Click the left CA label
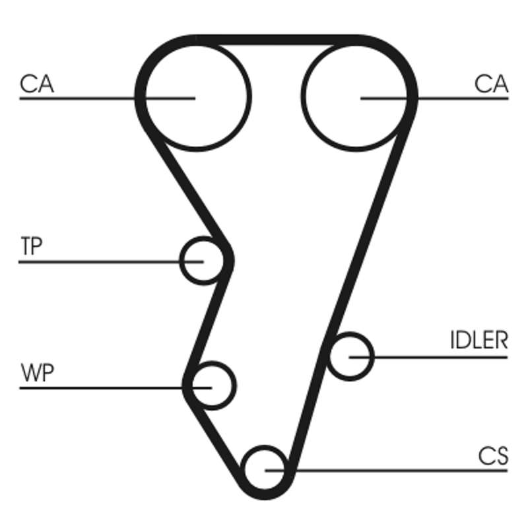37,84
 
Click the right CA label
491,84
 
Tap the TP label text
31,247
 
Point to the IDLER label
479,341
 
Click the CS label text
494,455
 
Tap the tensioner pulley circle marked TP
203,261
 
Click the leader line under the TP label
99,262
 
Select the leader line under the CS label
396,471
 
